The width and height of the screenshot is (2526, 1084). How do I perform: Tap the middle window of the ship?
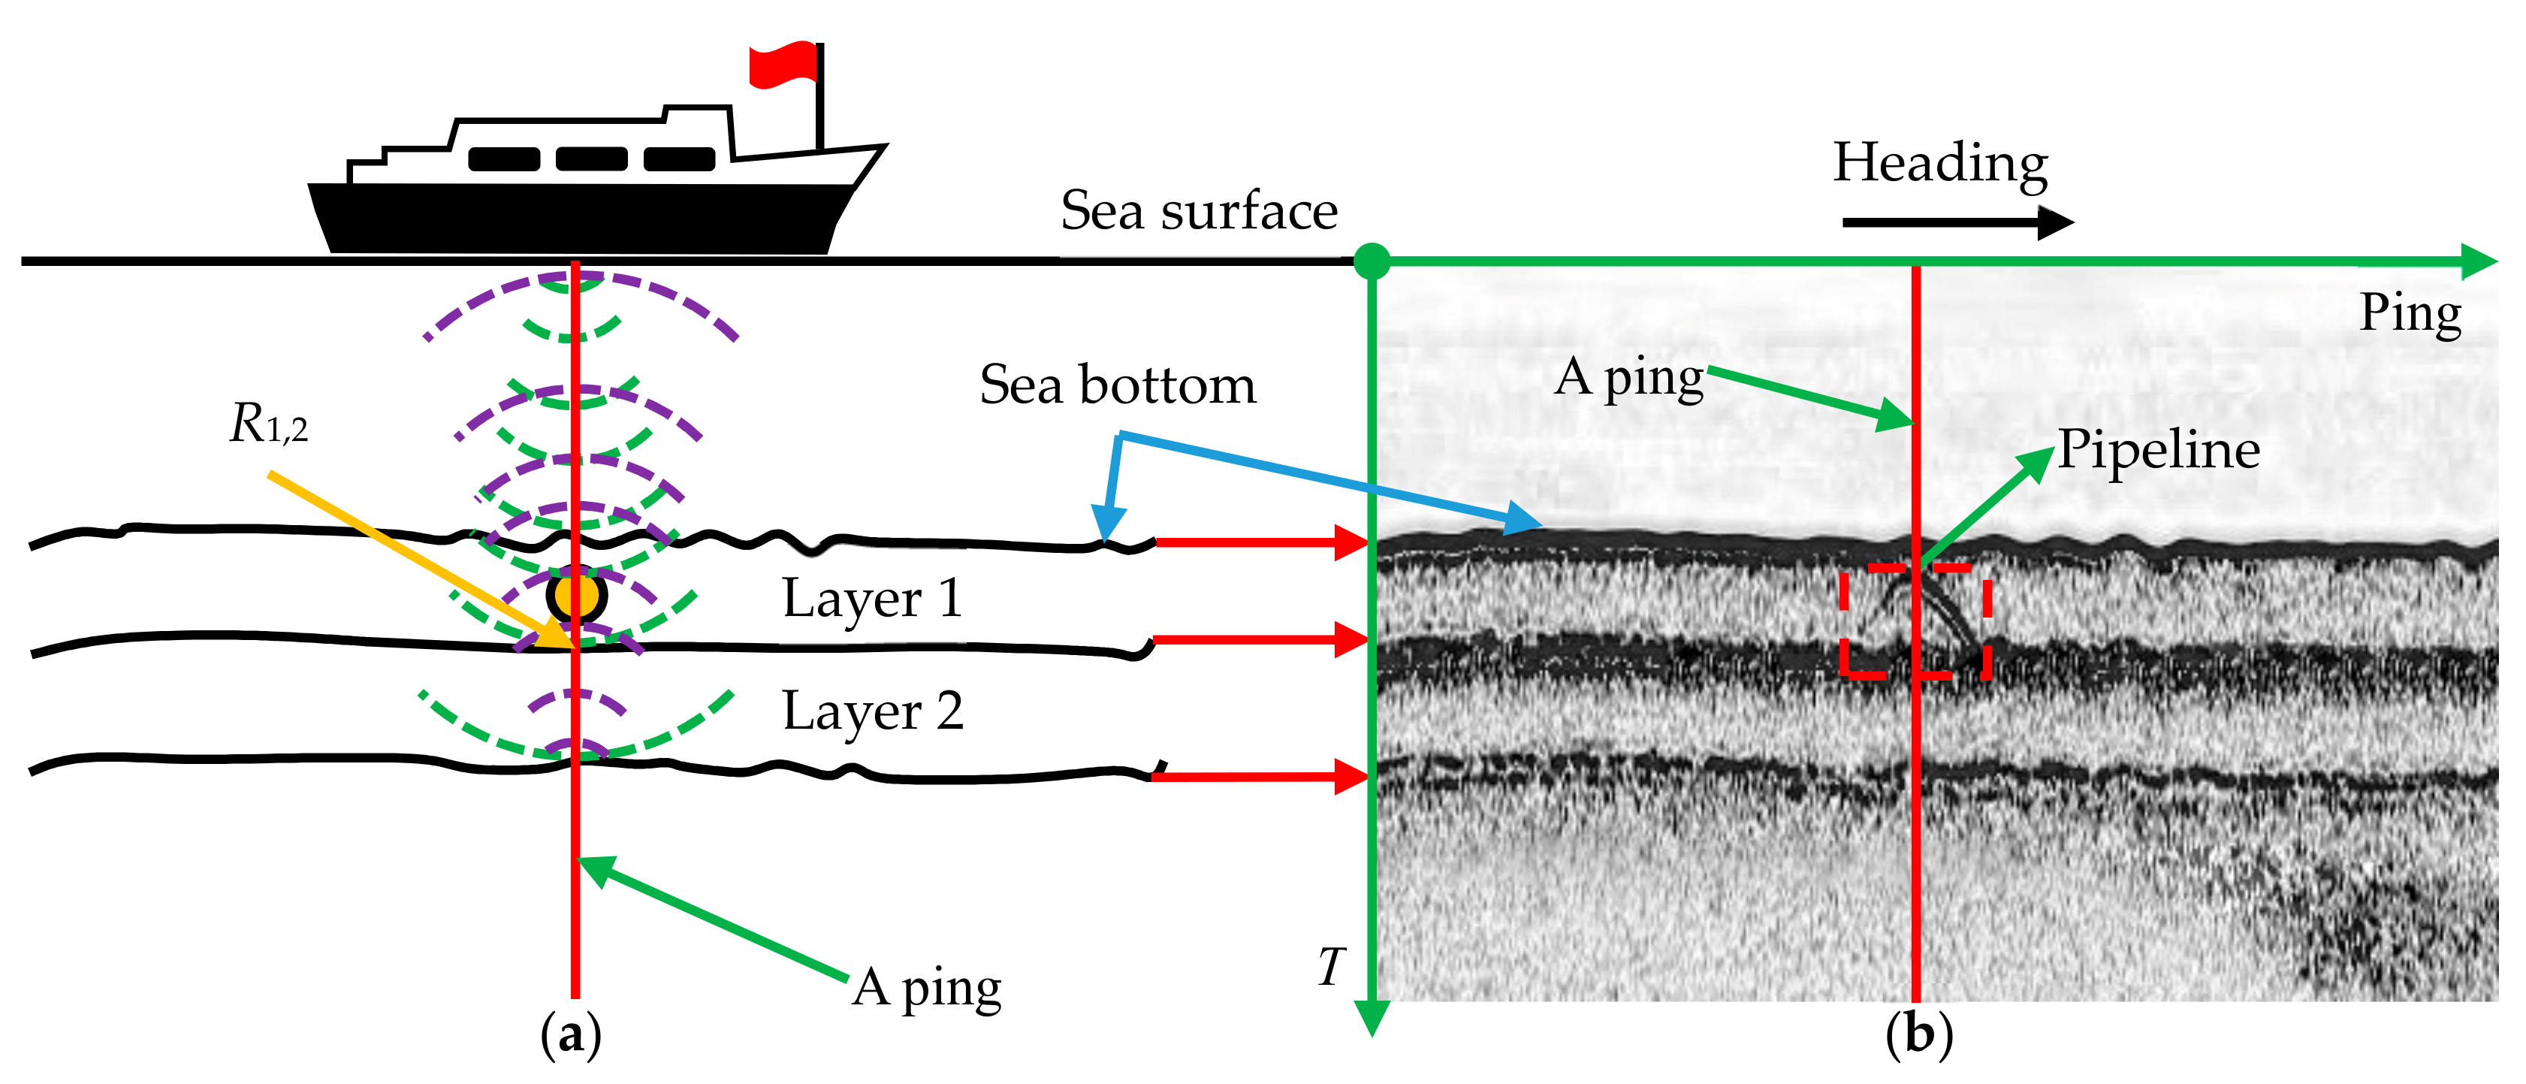pos(591,159)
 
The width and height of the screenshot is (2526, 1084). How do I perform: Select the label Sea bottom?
pos(1118,385)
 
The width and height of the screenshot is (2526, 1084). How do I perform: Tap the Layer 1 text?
pos(872,599)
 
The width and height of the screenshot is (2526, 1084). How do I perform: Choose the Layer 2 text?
pos(872,711)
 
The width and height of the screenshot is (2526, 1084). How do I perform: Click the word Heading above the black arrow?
pos(1939,164)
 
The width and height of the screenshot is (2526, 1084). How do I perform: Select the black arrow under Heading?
pos(1956,222)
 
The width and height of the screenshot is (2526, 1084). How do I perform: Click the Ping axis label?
pos(2410,313)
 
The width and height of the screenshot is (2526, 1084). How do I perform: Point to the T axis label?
pos(1331,968)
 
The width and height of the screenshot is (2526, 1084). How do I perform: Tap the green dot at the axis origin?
pos(1372,261)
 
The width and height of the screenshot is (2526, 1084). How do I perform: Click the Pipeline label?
pos(2157,450)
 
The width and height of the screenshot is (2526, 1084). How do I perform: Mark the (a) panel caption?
pos(571,1035)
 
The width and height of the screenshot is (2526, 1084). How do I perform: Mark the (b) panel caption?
pos(1918,1035)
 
